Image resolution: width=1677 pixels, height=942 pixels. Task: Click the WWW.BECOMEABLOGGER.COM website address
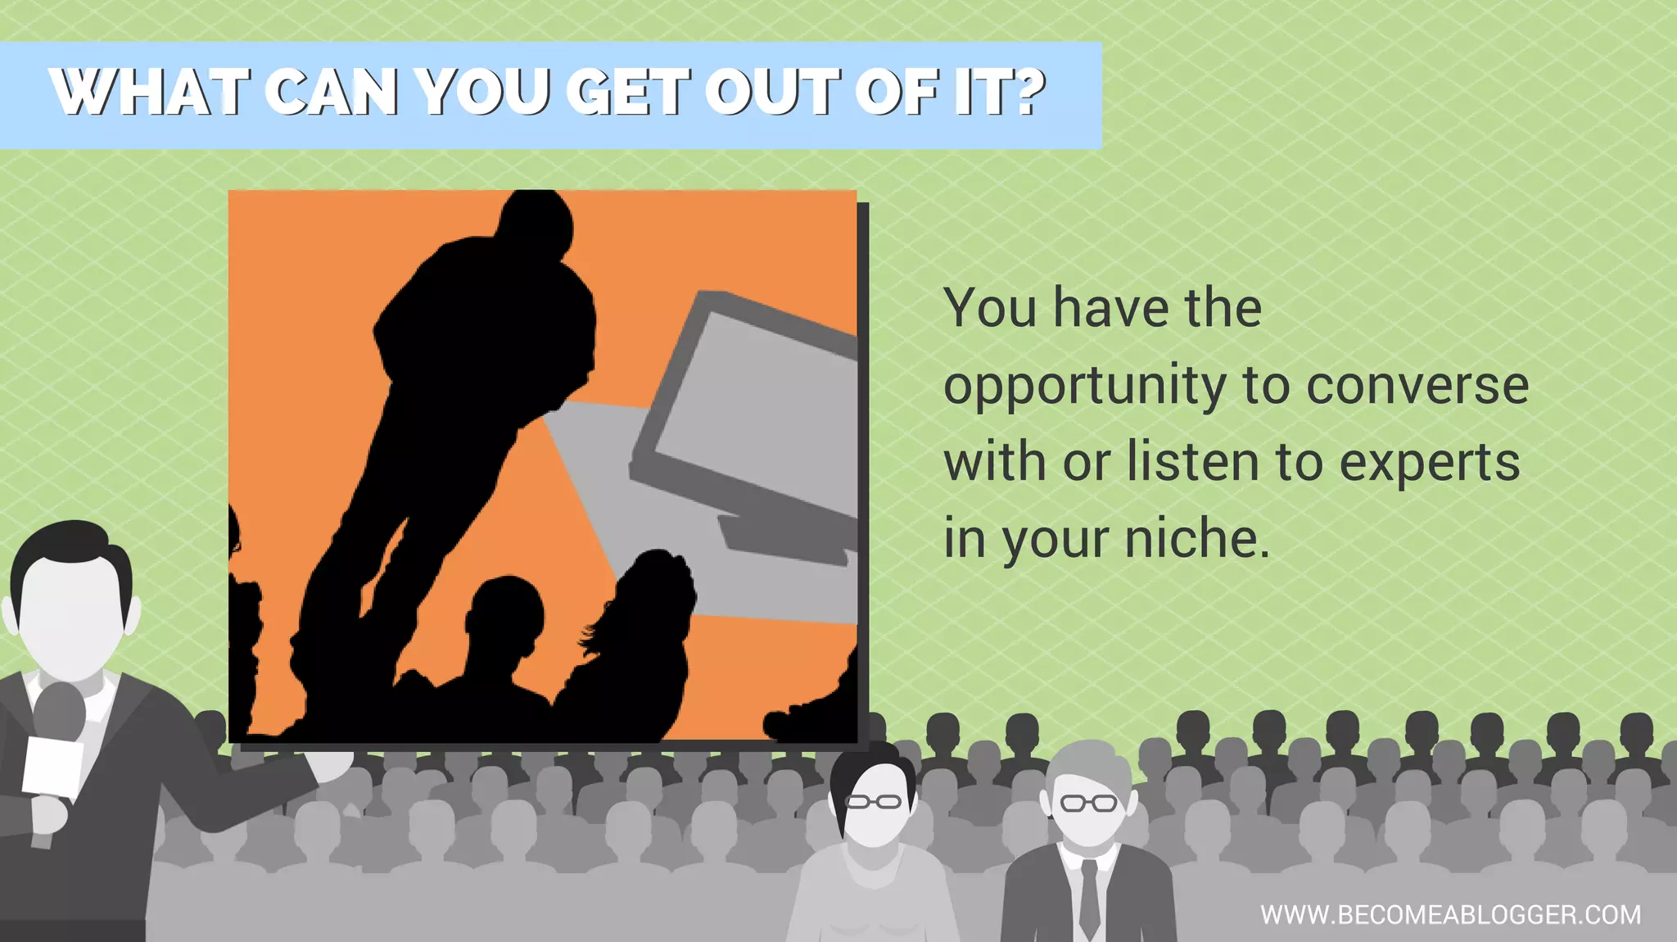[x=1450, y=914]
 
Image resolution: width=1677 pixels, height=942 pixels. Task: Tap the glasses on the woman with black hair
[x=873, y=801]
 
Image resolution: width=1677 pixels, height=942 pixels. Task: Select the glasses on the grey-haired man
[x=1088, y=803]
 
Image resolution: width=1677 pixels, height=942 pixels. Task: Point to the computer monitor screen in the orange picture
[x=753, y=410]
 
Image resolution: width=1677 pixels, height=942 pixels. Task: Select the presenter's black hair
[x=70, y=549]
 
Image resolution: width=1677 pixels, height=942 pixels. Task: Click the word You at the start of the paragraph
[x=990, y=309]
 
